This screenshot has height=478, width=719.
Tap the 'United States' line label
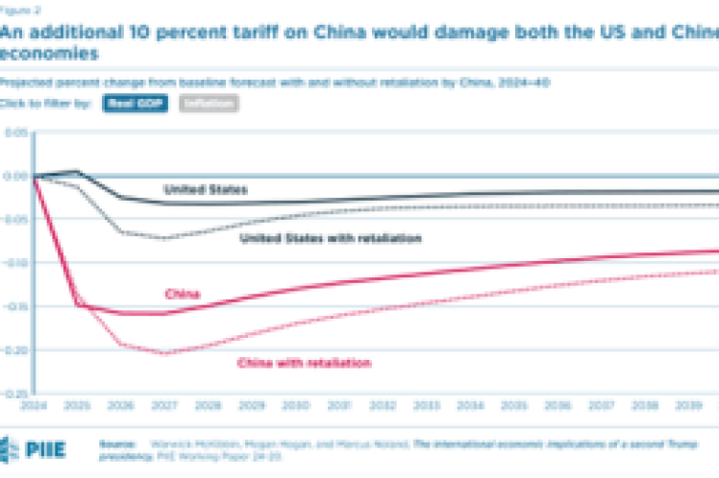point(205,190)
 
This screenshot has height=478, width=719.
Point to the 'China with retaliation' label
point(303,363)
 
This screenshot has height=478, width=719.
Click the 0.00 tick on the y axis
point(14,176)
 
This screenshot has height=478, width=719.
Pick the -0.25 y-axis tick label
point(14,394)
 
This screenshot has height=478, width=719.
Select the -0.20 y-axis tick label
point(14,350)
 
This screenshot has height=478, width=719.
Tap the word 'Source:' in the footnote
point(116,444)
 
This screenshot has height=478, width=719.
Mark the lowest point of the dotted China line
point(166,353)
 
